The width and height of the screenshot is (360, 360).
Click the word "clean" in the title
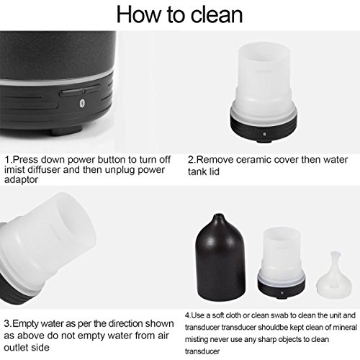click(x=217, y=15)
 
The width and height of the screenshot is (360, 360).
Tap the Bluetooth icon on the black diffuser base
click(x=81, y=102)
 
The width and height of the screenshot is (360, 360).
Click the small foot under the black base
click(x=67, y=131)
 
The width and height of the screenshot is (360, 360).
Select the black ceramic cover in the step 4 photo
click(x=221, y=257)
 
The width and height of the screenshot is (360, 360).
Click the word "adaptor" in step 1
click(x=21, y=180)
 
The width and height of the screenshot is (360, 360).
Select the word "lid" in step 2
click(x=214, y=171)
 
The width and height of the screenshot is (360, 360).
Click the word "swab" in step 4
click(x=279, y=315)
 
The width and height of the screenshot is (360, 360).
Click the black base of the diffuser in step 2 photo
click(x=264, y=129)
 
